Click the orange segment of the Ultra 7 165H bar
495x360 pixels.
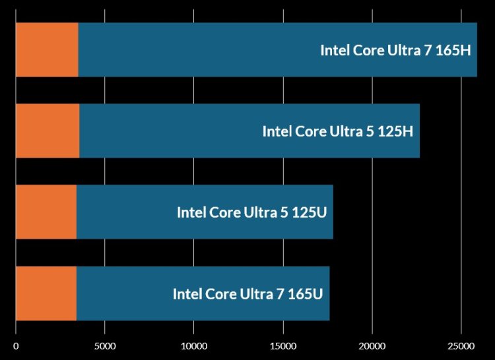[x=47, y=50]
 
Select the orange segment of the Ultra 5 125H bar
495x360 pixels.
[x=48, y=131]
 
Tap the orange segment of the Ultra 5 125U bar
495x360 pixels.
[x=46, y=212]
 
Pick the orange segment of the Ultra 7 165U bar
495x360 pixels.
[x=46, y=293]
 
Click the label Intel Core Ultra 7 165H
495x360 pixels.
[x=395, y=51]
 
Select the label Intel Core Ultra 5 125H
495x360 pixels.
[x=337, y=131]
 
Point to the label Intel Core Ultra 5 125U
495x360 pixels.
[x=252, y=212]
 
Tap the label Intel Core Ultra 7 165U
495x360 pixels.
[x=248, y=294]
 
